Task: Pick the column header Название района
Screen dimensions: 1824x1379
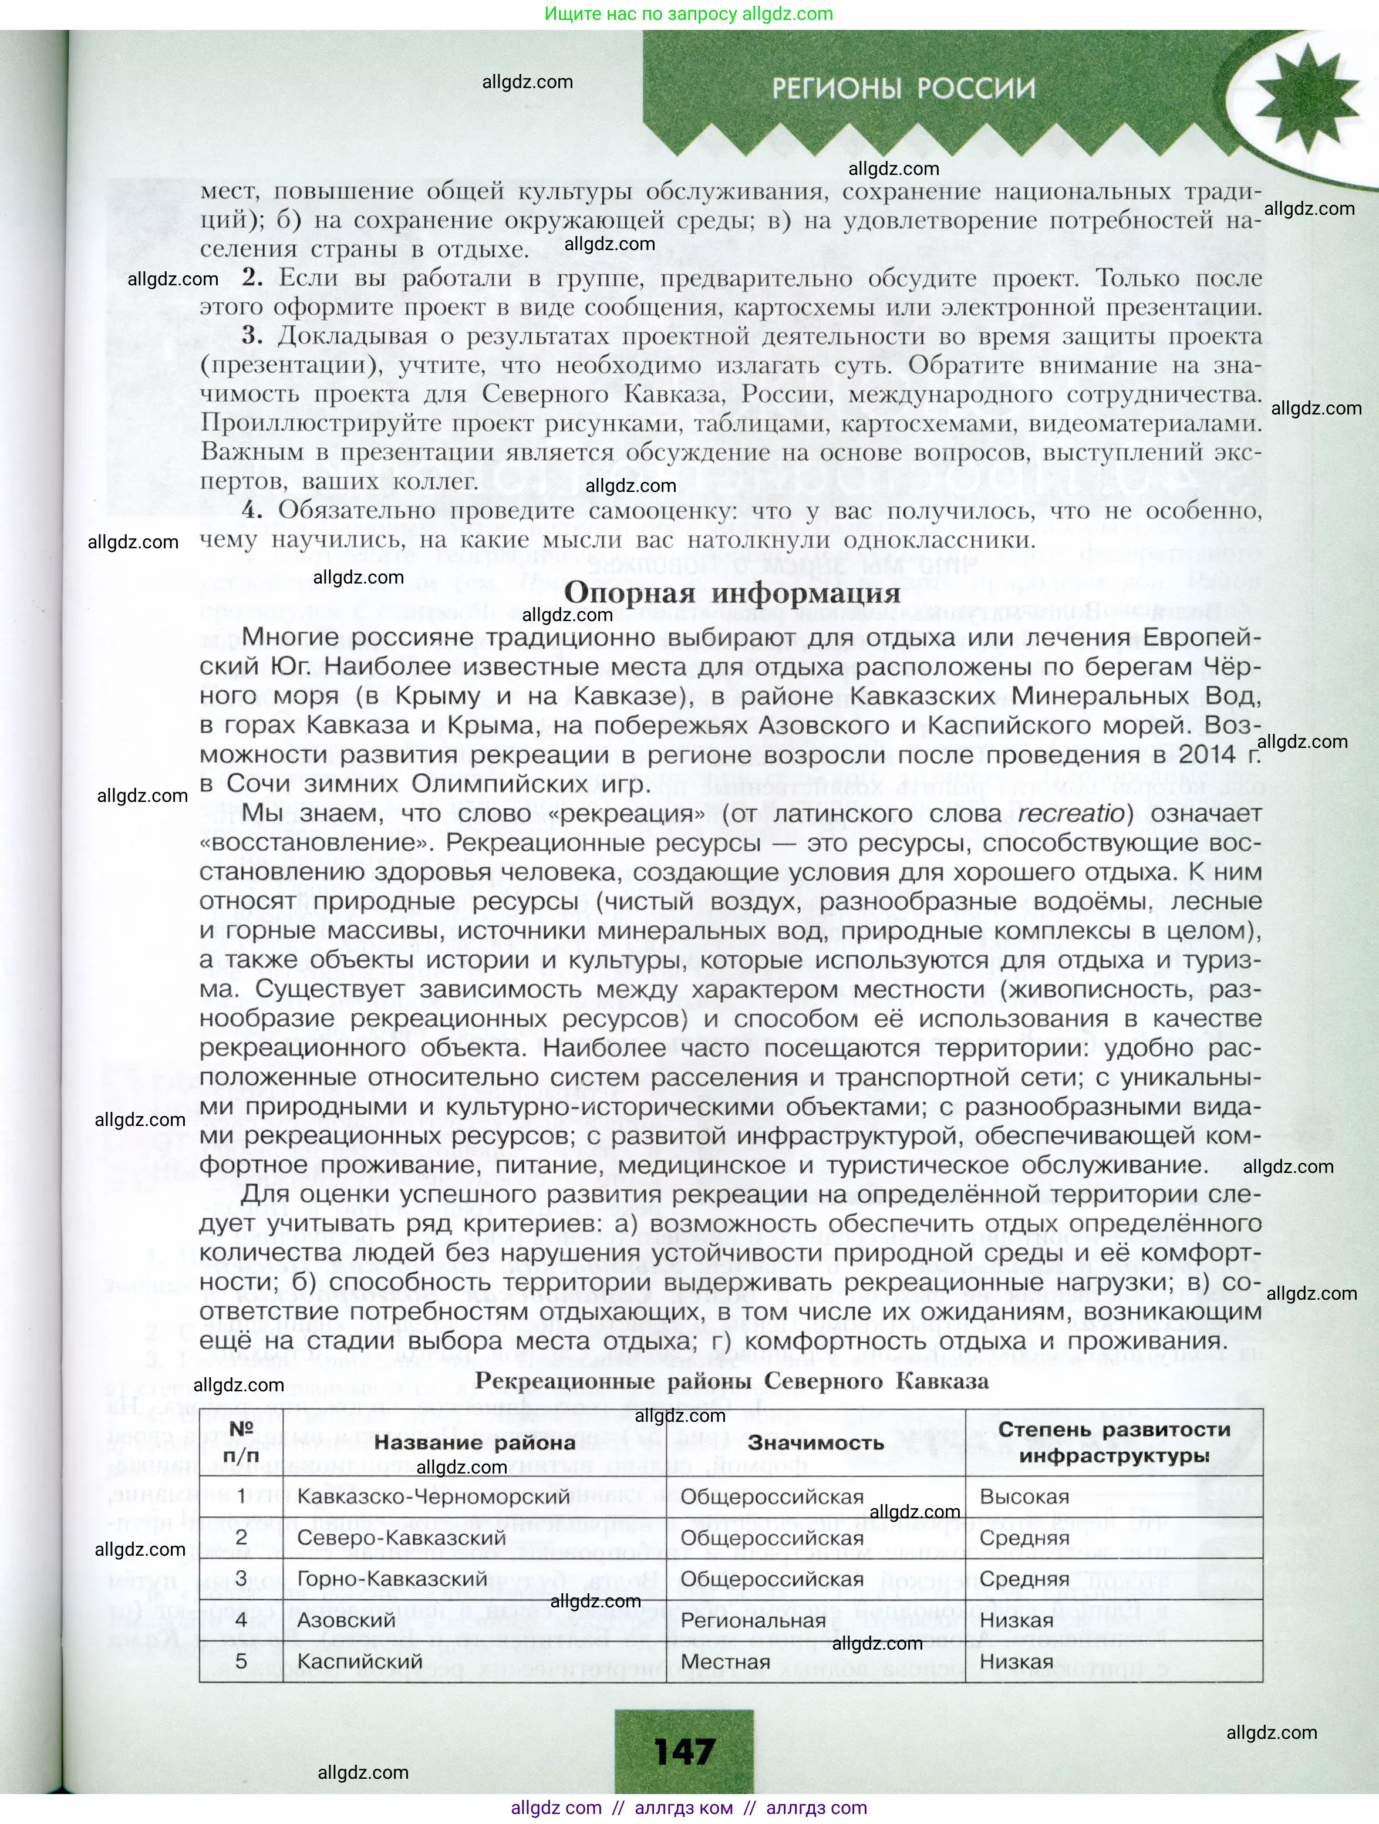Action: pyautogui.click(x=474, y=1442)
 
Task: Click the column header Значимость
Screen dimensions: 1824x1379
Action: pyautogui.click(x=815, y=1442)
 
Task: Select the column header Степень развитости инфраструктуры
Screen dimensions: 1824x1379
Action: pyautogui.click(x=1114, y=1442)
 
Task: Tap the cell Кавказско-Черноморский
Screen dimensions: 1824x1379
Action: pyautogui.click(x=433, y=1496)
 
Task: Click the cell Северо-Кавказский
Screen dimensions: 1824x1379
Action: pyautogui.click(x=401, y=1538)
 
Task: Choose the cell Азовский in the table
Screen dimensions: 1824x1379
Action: pyautogui.click(x=346, y=1620)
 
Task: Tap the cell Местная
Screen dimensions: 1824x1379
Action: pyautogui.click(x=725, y=1661)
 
